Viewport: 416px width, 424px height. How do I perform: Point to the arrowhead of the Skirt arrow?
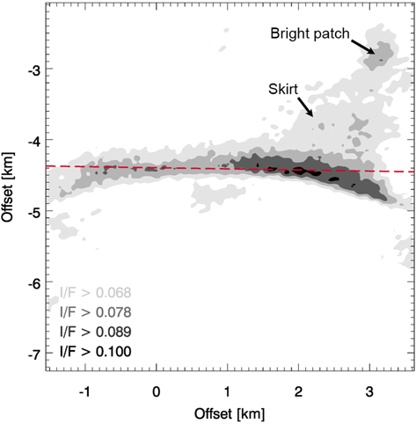[312, 115]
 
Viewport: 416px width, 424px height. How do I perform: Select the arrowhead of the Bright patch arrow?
[376, 54]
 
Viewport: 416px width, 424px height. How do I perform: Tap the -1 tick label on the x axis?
[84, 388]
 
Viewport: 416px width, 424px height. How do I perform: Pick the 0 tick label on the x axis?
[157, 388]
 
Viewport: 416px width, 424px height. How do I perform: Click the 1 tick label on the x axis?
[228, 388]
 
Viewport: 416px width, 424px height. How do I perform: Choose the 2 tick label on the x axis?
[299, 388]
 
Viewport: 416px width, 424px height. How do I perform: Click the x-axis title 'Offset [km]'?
[228, 411]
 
